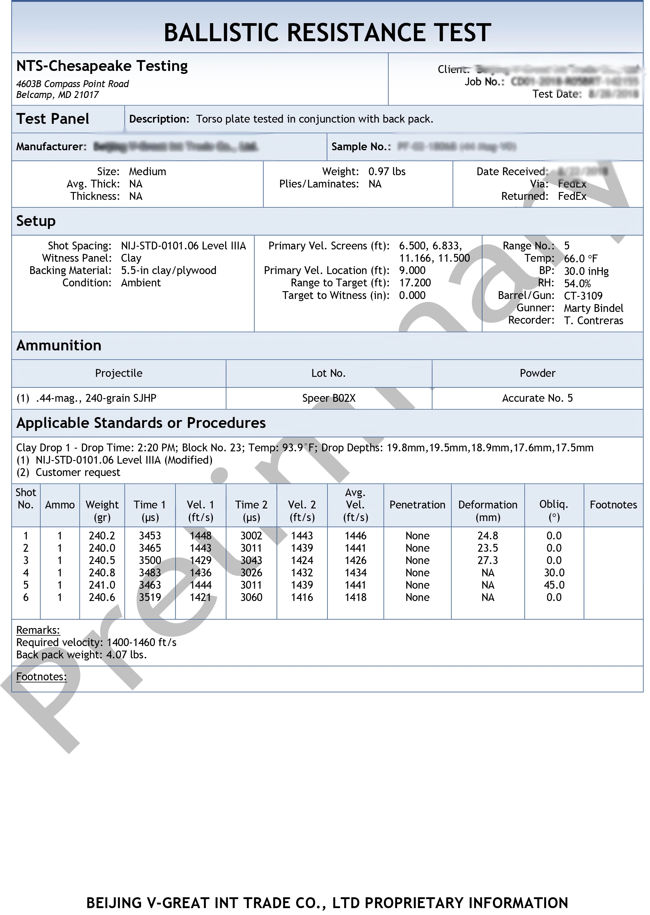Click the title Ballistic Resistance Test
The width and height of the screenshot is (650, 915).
327,32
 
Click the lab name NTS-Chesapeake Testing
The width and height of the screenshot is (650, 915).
102,66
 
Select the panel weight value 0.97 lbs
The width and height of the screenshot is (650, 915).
387,172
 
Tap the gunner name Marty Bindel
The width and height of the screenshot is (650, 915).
593,308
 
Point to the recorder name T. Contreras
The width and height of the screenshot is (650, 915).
593,321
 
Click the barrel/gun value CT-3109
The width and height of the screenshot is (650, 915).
583,296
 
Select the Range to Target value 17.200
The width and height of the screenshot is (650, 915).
415,283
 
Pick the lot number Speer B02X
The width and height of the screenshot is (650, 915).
329,398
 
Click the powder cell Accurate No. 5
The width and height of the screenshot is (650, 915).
537,398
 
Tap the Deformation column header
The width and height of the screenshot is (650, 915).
488,505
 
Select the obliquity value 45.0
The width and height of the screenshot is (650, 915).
554,585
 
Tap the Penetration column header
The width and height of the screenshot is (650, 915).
417,505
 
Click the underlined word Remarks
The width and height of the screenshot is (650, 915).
38,630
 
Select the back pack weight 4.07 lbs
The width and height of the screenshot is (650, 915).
126,655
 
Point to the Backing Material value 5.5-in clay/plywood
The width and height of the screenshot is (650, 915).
169,271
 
